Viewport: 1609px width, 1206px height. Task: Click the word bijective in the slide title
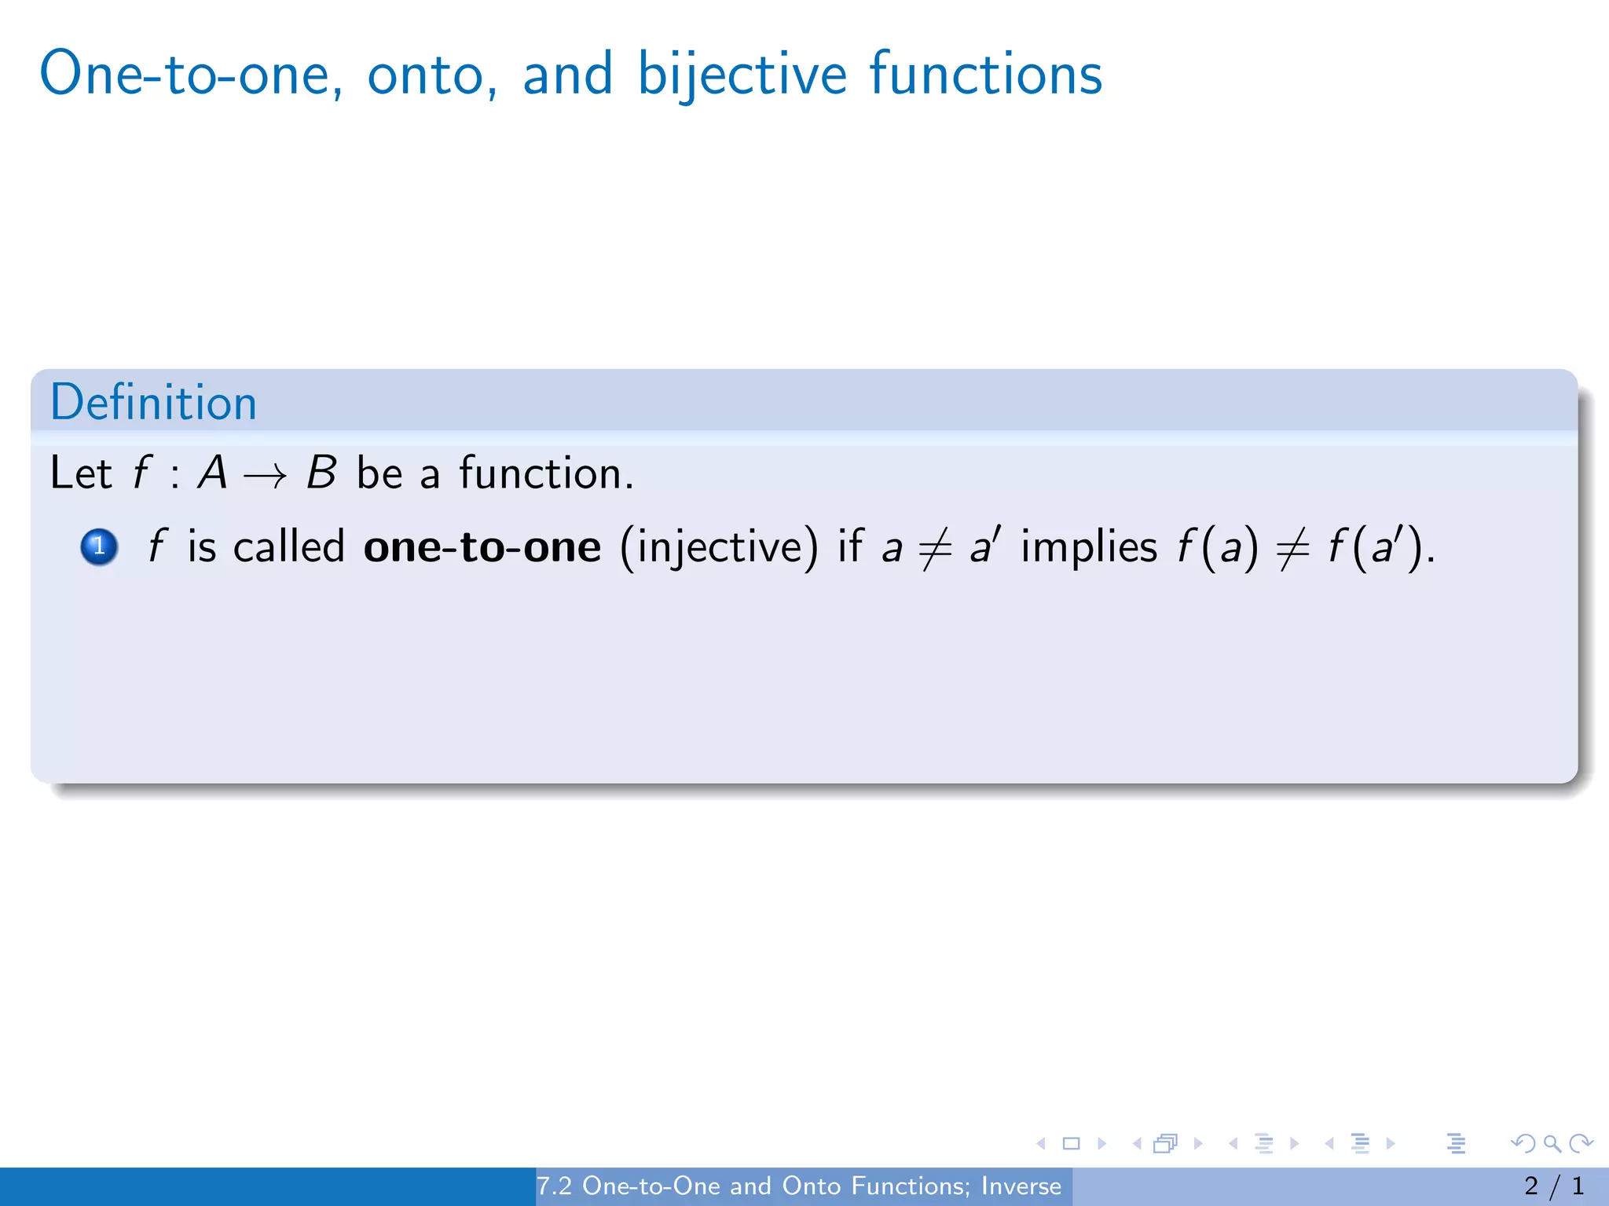click(742, 75)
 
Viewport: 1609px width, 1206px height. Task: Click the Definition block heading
click(154, 403)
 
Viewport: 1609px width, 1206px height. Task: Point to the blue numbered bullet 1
click(99, 546)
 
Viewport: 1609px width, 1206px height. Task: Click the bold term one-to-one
click(482, 546)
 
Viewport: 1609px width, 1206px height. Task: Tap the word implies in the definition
click(1089, 546)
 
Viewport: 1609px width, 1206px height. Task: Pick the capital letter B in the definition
click(321, 473)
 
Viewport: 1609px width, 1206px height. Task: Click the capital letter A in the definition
click(212, 473)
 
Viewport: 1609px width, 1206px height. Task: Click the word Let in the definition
click(80, 473)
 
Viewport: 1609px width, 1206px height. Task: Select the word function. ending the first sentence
click(546, 473)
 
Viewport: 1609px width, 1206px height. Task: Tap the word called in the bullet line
click(289, 546)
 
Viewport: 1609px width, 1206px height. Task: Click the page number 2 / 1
click(1553, 1186)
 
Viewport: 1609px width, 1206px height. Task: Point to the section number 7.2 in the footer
click(554, 1186)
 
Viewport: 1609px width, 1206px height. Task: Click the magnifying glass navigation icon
click(1552, 1143)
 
